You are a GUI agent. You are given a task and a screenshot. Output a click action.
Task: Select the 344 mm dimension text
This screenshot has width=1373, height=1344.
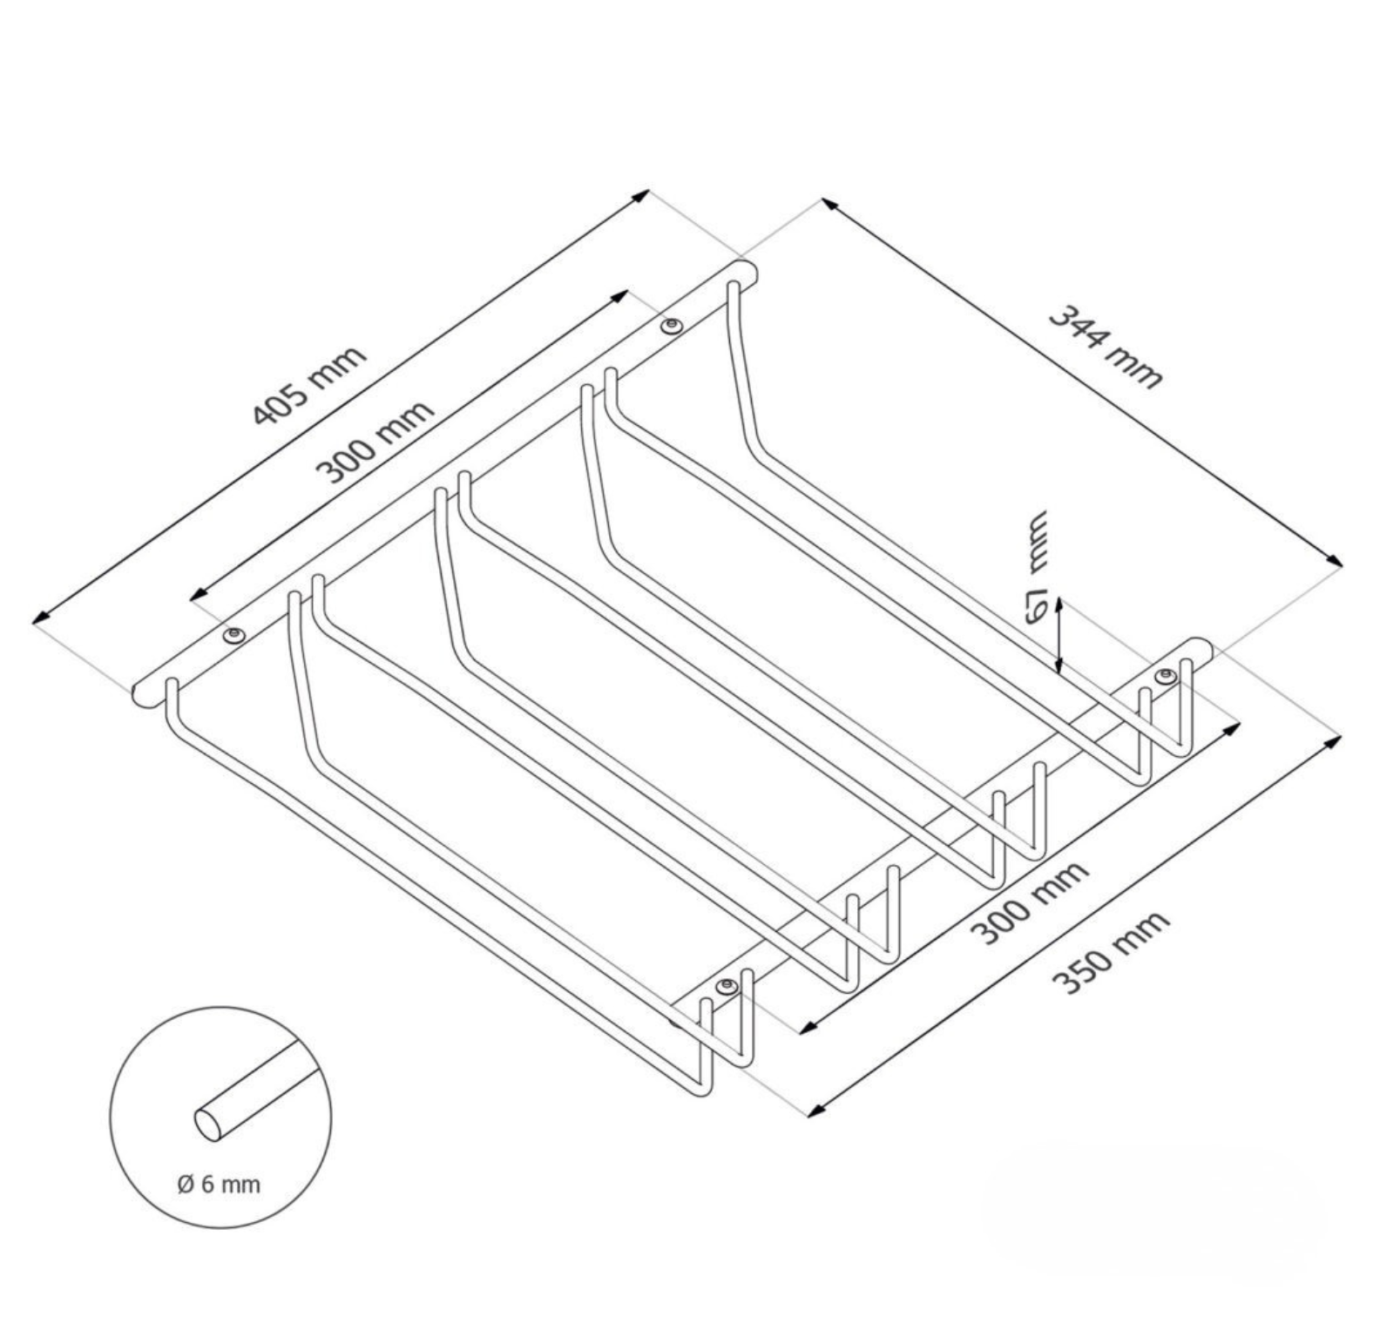(x=1105, y=345)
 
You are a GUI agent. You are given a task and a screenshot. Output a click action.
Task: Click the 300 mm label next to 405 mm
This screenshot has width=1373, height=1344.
(x=375, y=442)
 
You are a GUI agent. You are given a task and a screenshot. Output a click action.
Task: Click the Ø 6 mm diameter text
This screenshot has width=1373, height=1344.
(x=219, y=1184)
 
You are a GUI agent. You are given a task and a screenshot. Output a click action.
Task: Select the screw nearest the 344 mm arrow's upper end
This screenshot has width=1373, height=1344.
(x=670, y=327)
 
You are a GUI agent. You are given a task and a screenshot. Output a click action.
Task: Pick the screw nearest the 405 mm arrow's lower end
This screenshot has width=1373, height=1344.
(x=233, y=635)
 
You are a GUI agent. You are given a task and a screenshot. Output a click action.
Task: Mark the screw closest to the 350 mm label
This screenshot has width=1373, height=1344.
(x=726, y=986)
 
